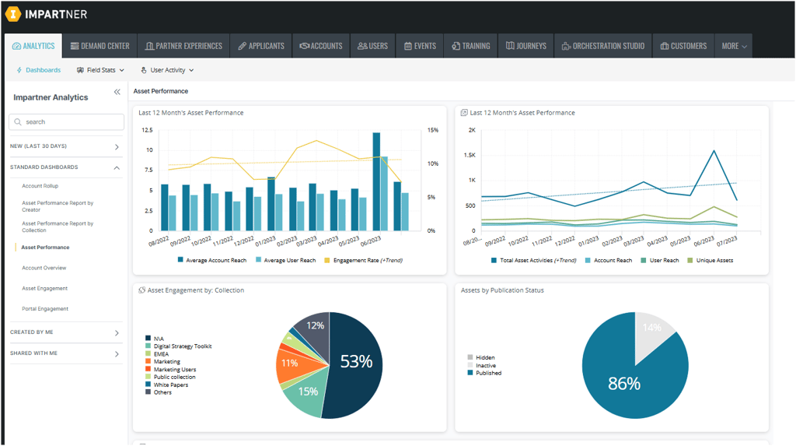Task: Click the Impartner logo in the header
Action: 46,14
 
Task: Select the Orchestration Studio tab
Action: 602,46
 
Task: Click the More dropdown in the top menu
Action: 734,46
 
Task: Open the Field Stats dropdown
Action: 101,70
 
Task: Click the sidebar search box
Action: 66,122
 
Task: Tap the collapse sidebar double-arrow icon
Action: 117,92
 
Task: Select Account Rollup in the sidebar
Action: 40,186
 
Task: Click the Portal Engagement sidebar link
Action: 45,309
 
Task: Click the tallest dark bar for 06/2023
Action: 376,181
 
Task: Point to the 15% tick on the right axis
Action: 433,130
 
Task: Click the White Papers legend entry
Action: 170,385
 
